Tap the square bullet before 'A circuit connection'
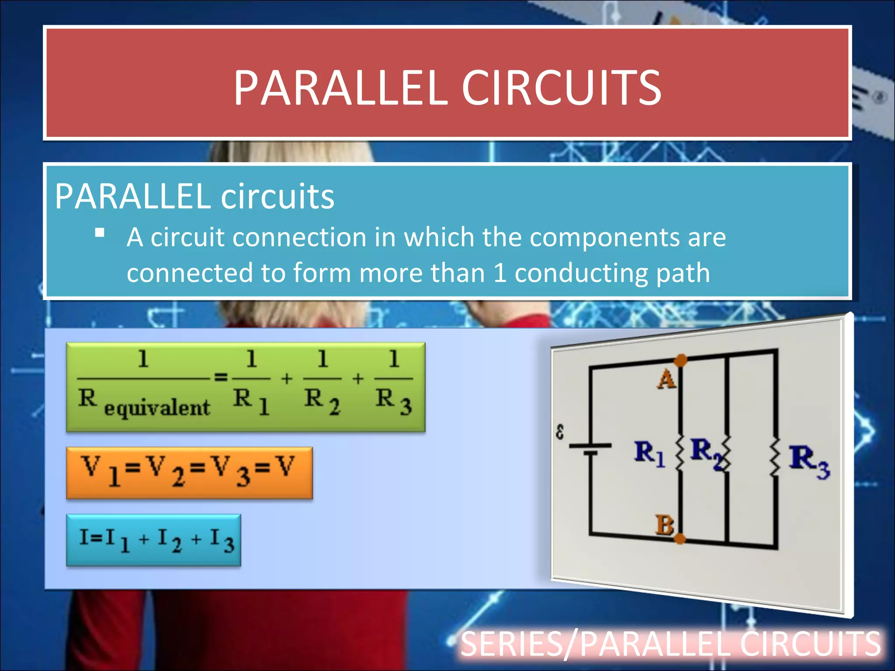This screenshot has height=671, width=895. [x=100, y=233]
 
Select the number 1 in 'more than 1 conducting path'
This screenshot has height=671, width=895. [x=500, y=273]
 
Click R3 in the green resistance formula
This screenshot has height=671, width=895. [x=393, y=400]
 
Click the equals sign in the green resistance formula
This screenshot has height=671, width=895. [x=221, y=377]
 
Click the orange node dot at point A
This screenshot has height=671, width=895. [x=680, y=360]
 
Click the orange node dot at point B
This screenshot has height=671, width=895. [x=680, y=539]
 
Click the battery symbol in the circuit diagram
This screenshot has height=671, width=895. [x=590, y=449]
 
